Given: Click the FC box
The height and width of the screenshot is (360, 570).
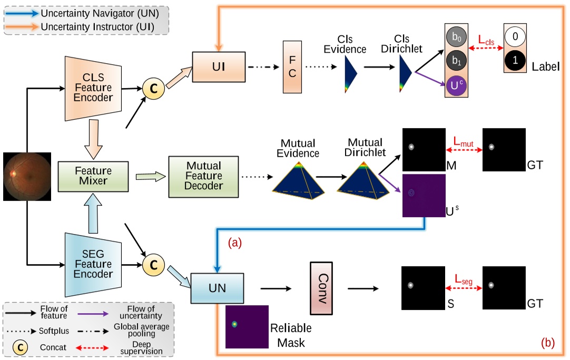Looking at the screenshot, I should [x=292, y=67].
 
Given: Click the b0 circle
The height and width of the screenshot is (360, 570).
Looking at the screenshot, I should [x=457, y=37].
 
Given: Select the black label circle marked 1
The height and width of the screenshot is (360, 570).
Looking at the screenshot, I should [x=515, y=61].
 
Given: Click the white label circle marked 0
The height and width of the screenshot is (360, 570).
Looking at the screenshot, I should [x=515, y=37].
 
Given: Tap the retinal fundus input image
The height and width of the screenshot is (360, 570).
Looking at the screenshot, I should [x=27, y=177].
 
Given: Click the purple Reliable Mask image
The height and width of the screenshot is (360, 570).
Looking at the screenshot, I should [x=247, y=327].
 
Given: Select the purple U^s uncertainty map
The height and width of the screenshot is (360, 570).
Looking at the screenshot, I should [x=423, y=195].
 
